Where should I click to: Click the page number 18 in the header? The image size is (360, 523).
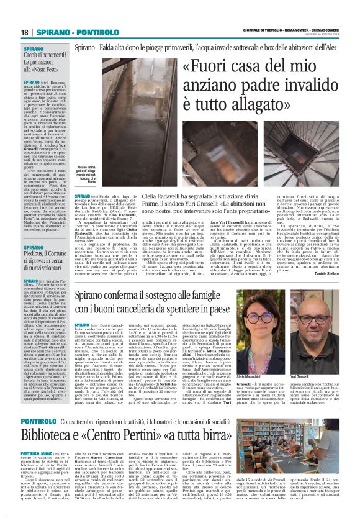click(x=24, y=32)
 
